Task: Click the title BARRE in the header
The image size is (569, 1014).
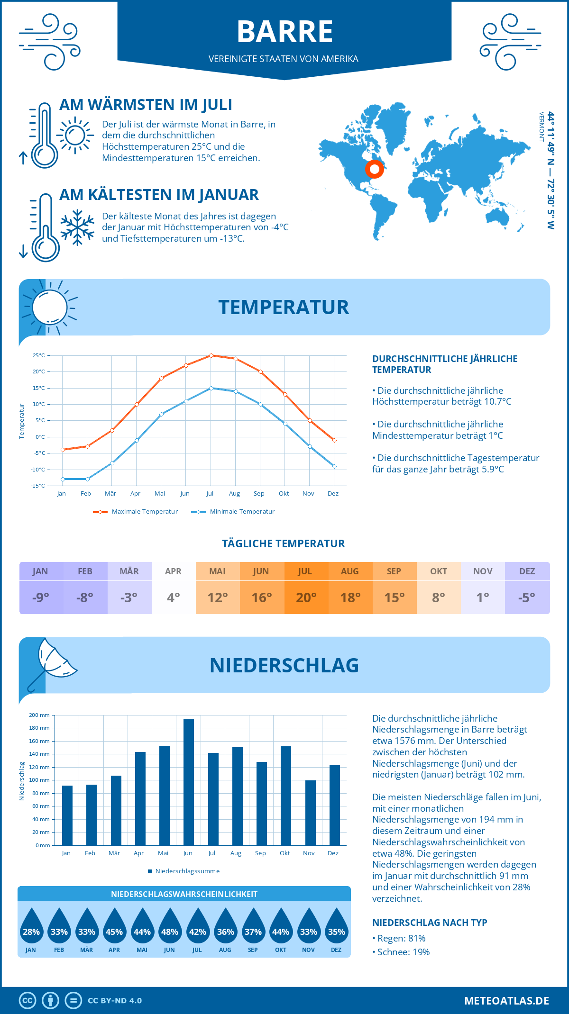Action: (284, 32)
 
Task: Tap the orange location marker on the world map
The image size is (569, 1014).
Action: (374, 169)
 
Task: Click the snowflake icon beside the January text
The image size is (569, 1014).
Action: (77, 227)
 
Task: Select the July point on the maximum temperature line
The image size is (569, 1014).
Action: (211, 355)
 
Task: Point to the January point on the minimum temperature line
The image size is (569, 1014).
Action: (63, 479)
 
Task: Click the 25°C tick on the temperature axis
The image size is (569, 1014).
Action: (39, 355)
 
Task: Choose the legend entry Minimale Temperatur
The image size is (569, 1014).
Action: (242, 512)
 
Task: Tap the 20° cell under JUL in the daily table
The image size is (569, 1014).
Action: (306, 598)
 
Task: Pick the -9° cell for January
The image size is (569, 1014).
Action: (41, 598)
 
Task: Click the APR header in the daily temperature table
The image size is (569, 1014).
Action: (173, 571)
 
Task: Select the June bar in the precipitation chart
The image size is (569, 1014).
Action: (188, 782)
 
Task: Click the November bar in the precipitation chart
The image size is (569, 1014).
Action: (310, 813)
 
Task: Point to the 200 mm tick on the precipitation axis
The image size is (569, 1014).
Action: (39, 715)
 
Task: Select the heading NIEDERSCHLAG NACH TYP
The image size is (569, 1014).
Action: (430, 923)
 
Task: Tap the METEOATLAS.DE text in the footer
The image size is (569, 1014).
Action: (506, 1001)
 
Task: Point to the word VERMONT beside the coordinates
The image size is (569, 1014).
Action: (541, 127)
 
